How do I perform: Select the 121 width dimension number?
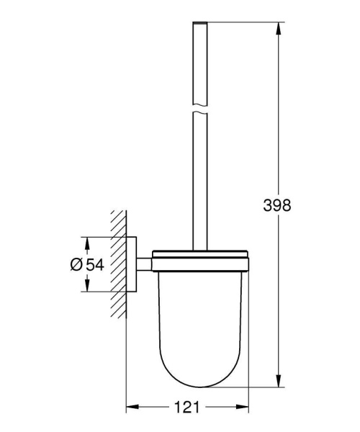coord(188,407)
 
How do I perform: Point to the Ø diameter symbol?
coord(78,264)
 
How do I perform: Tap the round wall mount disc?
coord(132,264)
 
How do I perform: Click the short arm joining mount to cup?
coord(144,264)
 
